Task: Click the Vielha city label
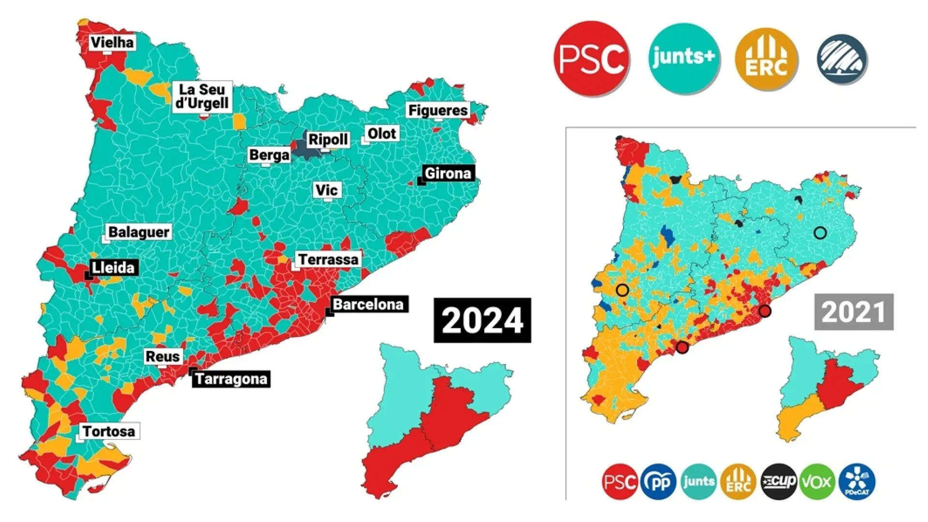(112, 43)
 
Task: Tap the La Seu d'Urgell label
(202, 96)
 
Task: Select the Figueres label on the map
(438, 110)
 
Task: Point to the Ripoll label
(328, 140)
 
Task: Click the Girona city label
(447, 173)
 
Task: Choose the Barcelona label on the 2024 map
(368, 304)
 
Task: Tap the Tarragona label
(231, 378)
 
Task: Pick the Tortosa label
(109, 431)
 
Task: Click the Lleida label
(113, 267)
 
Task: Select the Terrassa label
(328, 260)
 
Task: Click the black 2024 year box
(482, 320)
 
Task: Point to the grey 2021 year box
(854, 312)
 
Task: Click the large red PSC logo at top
(591, 58)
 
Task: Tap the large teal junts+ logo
(683, 58)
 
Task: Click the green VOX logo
(817, 481)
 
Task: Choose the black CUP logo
(778, 481)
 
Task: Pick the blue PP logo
(658, 481)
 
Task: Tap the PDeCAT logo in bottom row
(857, 481)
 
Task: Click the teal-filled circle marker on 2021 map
(820, 233)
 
